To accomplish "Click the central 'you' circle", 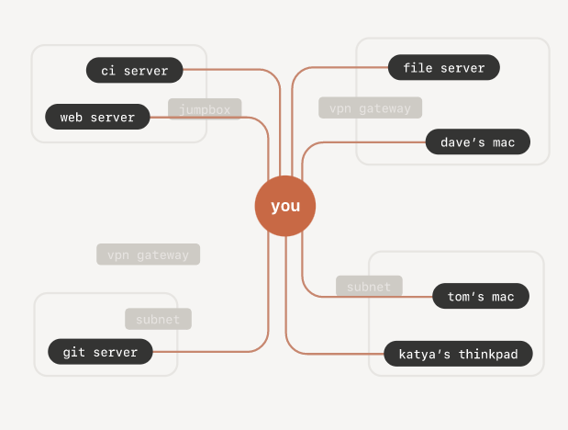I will [285, 206].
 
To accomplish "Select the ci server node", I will [134, 70].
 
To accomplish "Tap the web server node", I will [97, 118].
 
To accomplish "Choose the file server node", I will [443, 67].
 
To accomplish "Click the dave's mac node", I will [477, 141].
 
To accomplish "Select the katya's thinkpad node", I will [458, 353].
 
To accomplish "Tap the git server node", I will [100, 351].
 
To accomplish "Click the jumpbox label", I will [205, 109].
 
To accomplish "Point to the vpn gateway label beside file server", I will [370, 107].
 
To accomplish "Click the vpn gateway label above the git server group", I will [148, 255].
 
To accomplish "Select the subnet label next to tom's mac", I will [369, 287].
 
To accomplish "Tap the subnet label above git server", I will [158, 319].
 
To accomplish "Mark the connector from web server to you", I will [268, 147].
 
